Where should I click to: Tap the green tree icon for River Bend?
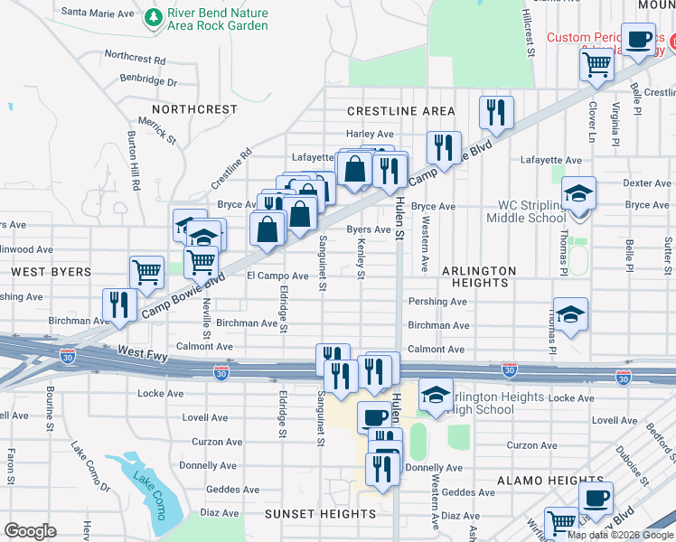[x=154, y=17]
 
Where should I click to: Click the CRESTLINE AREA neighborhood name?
[x=401, y=111]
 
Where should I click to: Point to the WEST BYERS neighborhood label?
[x=52, y=271]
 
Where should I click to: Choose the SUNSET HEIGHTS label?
[x=320, y=514]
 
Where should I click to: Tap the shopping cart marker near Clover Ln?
[x=596, y=64]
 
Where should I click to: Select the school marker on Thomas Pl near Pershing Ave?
[x=570, y=314]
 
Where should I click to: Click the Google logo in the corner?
[x=30, y=530]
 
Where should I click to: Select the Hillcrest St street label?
[x=530, y=33]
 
